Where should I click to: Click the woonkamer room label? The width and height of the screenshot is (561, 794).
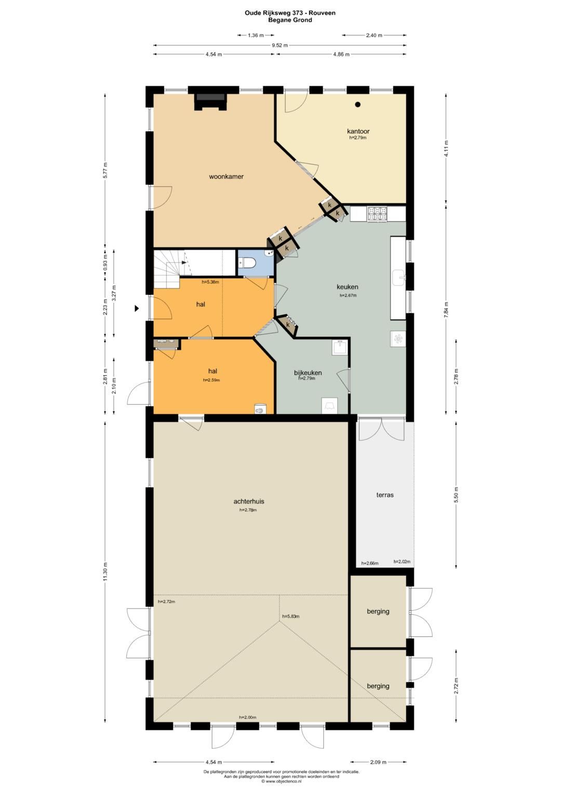[226, 176]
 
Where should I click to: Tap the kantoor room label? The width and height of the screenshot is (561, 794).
[358, 132]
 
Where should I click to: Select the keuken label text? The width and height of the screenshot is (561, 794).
[348, 287]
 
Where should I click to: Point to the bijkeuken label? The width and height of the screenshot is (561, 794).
[308, 372]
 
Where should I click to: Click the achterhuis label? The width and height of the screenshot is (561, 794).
[249, 501]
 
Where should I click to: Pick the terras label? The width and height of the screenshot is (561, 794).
[385, 495]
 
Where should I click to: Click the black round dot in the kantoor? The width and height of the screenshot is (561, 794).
[358, 105]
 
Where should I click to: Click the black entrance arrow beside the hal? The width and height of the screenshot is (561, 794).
[137, 308]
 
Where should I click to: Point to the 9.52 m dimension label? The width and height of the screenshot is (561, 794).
[280, 45]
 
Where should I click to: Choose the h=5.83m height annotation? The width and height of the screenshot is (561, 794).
[291, 616]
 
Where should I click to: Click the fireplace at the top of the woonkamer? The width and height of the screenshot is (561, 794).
[210, 101]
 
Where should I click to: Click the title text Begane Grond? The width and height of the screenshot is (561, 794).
[290, 20]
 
